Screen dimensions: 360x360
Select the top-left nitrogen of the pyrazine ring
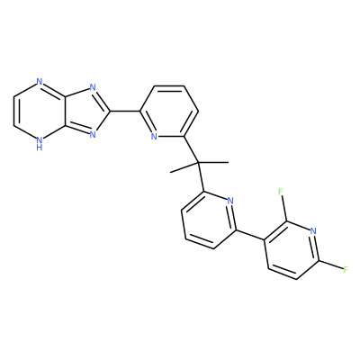click(39, 82)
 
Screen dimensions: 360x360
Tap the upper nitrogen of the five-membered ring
click(93, 88)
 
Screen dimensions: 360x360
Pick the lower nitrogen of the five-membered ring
click(93, 134)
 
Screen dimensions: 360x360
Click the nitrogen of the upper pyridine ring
click(154, 137)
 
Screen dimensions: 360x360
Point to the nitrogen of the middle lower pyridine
click(230, 201)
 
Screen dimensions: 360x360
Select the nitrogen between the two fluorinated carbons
click(313, 231)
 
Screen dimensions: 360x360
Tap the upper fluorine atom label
click(281, 192)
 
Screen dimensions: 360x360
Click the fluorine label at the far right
click(346, 269)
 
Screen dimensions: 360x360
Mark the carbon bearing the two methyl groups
click(199, 163)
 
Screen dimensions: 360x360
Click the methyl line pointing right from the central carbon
click(213, 162)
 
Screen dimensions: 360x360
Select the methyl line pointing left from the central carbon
click(184, 167)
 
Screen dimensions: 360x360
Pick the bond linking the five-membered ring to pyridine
click(125, 112)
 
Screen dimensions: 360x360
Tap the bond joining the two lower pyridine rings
click(250, 235)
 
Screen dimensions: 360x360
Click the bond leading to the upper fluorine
click(284, 208)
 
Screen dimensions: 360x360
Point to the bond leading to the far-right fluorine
click(329, 265)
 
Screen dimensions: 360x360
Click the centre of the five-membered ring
click(86, 112)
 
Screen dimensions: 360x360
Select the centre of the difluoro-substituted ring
click(291, 250)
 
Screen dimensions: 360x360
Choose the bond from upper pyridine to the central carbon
click(191, 149)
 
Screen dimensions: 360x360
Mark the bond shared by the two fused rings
click(64, 112)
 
